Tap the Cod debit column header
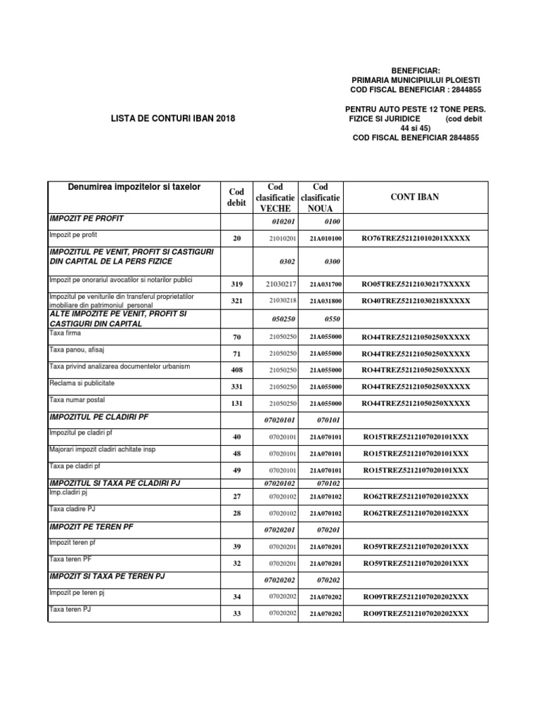point(236,198)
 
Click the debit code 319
point(236,284)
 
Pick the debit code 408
point(236,370)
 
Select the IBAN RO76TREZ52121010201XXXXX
point(416,239)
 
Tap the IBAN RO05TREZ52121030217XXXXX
point(416,284)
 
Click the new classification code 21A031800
point(326,301)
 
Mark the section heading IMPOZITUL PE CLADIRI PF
point(99,416)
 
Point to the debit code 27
point(236,496)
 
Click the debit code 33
point(236,614)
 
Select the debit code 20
point(236,239)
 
